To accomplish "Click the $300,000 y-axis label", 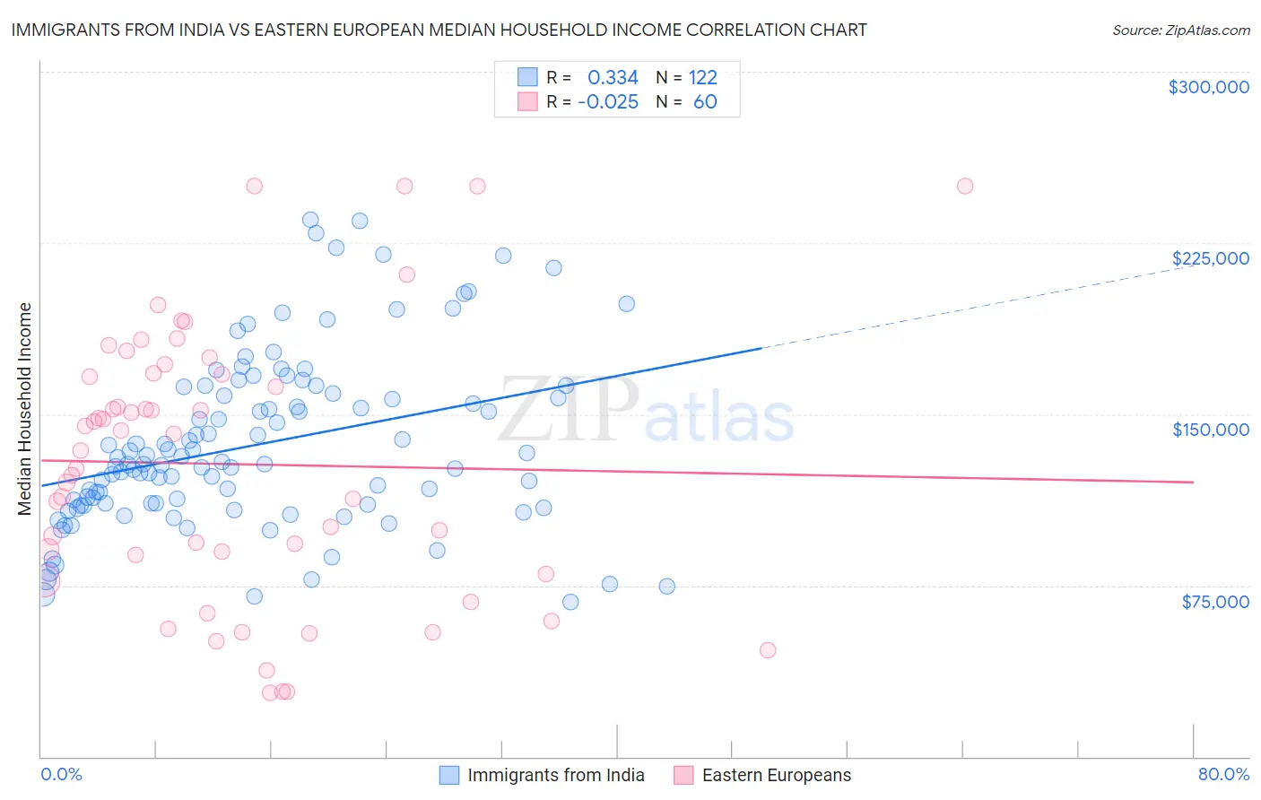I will (1208, 87).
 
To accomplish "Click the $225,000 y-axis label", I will (1210, 258).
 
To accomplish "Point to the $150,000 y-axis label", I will (1210, 430).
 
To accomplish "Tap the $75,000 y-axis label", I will (1214, 602).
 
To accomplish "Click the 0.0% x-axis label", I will (61, 774).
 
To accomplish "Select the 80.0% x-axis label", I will (1223, 774).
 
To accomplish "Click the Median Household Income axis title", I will (25, 409).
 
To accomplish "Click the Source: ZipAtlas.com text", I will (1180, 30).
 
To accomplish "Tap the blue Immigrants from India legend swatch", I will (449, 775).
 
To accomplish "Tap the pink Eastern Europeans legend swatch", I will (684, 775).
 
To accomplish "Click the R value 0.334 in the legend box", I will (613, 78).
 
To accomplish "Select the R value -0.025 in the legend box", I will (608, 102).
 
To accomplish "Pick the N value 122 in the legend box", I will (702, 78).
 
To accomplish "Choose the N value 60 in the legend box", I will (705, 102).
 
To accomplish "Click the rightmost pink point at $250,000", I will (965, 187).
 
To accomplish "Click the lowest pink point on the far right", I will (768, 650).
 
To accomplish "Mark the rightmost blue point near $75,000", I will (667, 587).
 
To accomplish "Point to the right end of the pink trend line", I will (1193, 482).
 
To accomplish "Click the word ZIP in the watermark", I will (568, 411).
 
